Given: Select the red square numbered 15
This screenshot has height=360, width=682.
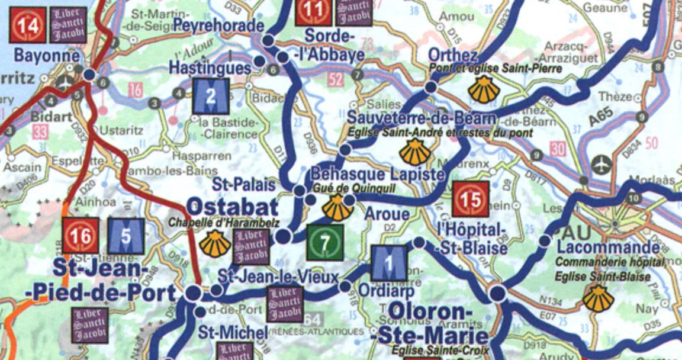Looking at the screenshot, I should coord(470,199).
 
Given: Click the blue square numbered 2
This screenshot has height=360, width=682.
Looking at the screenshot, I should coord(211,97).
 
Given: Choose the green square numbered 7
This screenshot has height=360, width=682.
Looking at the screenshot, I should coord(325,242).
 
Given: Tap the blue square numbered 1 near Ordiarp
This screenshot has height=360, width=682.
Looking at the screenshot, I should coord(389,262).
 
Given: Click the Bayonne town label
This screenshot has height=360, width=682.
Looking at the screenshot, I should coord(46,56).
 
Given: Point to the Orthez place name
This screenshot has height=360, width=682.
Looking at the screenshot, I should coord(453,55).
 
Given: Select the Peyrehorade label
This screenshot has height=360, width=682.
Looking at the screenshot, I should coord(218,25).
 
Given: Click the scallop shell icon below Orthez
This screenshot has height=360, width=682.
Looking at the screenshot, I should coord(484,89).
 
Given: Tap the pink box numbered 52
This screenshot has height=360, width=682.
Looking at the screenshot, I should coord(336,79).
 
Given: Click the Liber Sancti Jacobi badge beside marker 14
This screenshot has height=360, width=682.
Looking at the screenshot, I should coord(68,25).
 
